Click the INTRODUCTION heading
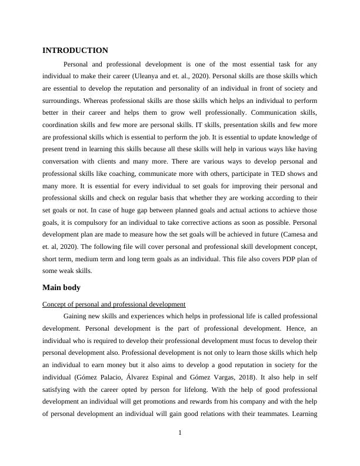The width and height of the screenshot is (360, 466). [x=75, y=51]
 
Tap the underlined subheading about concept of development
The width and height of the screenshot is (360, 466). [x=114, y=304]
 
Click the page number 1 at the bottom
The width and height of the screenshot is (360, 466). [x=180, y=434]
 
